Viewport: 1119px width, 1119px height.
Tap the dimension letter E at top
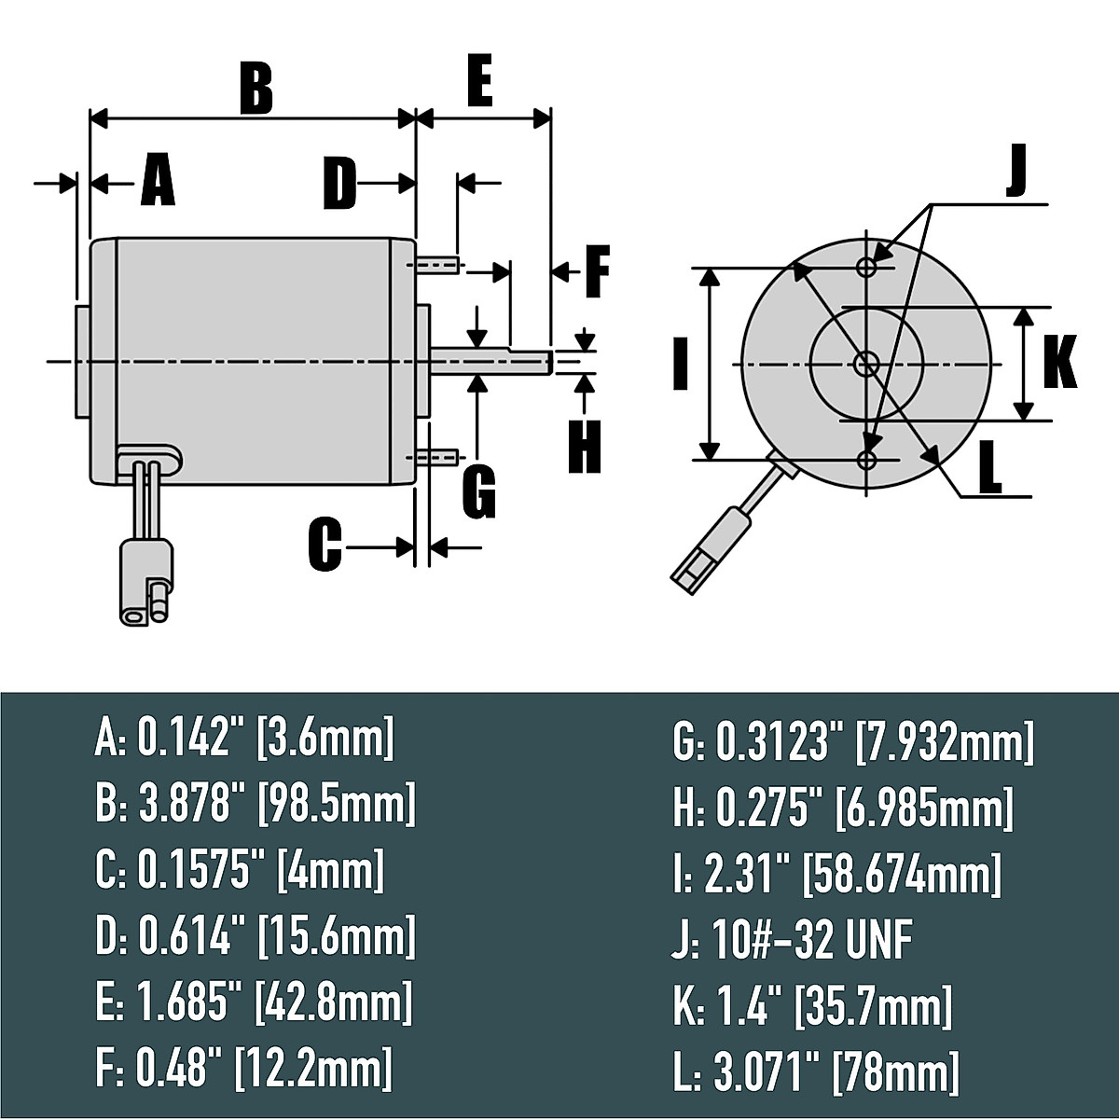click(479, 80)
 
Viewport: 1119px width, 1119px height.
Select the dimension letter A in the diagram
click(158, 180)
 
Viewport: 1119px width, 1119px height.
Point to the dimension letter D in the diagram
click(339, 184)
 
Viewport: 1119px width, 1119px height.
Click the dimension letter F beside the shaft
click(598, 271)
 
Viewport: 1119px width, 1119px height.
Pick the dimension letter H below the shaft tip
click(584, 447)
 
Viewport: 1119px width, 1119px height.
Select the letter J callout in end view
click(1015, 172)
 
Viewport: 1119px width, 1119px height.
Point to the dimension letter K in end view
click(1059, 361)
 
